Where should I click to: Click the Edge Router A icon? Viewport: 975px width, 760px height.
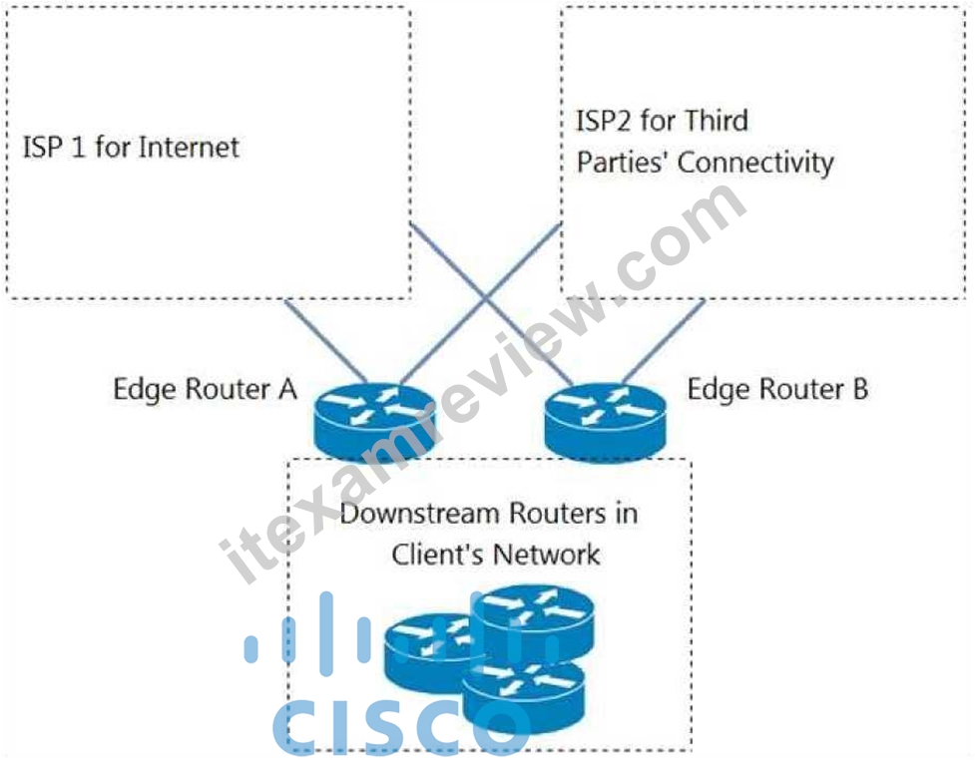tap(374, 422)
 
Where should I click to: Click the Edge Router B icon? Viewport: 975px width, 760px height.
tap(605, 421)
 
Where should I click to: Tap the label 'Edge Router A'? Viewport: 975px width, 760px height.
tap(206, 390)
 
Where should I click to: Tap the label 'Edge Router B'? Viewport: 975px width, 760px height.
tap(777, 389)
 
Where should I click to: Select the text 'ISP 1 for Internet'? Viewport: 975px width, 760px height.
tap(131, 148)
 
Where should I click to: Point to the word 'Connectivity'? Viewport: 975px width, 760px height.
tap(755, 163)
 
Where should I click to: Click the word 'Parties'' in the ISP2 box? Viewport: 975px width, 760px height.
tap(624, 163)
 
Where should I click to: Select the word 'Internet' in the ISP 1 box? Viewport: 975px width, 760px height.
tap(189, 148)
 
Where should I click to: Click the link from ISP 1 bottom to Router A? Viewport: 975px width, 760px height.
tap(325, 341)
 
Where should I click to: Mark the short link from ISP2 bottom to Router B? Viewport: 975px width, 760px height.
tap(664, 341)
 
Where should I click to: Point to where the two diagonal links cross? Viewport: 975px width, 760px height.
tap(486, 298)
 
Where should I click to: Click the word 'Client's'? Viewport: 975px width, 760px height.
tap(435, 555)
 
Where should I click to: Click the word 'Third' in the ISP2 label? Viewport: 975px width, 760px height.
tap(715, 121)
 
